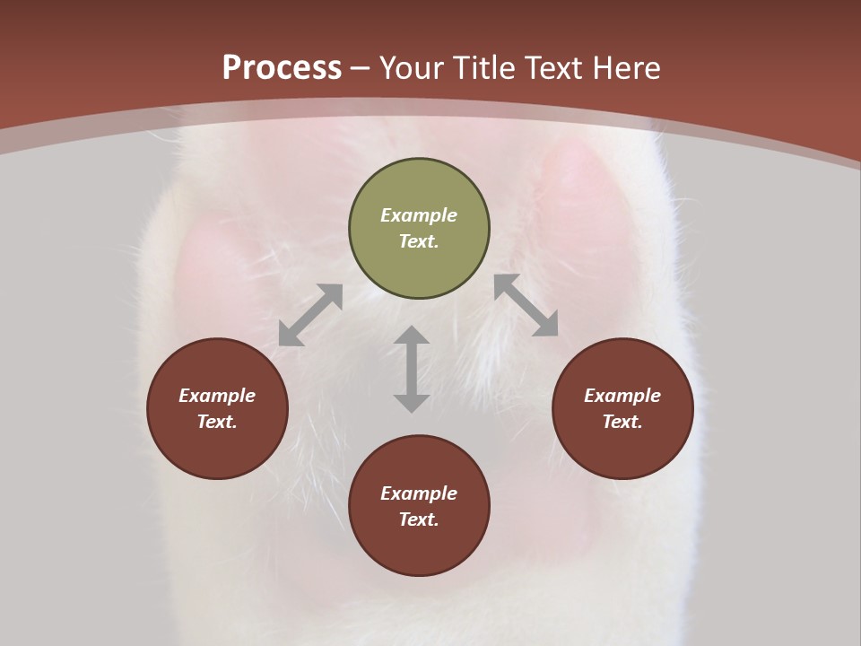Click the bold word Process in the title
282,68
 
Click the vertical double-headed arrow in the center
412,369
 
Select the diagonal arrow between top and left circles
310,315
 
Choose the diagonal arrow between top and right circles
526,305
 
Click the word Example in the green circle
419,215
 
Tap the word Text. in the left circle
217,422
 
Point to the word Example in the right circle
622,396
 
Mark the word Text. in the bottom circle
419,519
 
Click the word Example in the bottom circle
419,493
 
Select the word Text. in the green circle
419,241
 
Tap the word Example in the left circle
217,396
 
